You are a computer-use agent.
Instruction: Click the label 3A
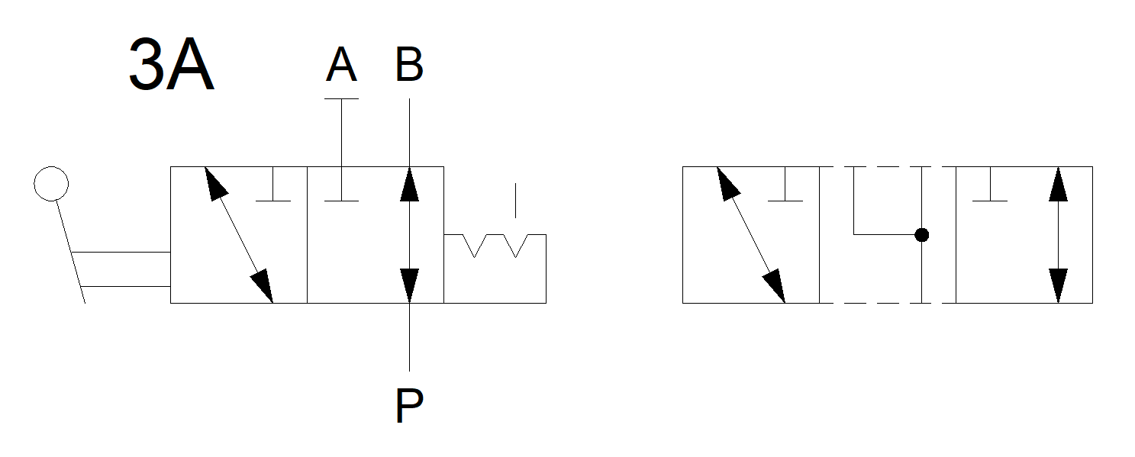point(171,67)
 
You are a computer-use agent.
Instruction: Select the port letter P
point(409,406)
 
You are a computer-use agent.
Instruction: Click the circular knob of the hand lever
point(51,183)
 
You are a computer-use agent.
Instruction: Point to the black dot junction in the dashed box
point(922,235)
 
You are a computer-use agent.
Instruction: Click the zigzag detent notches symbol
point(495,246)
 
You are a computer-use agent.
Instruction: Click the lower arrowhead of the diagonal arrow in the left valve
point(263,285)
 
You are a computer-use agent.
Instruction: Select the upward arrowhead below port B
point(409,183)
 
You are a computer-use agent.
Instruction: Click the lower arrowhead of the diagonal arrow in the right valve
point(775,285)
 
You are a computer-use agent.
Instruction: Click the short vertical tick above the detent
point(515,200)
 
